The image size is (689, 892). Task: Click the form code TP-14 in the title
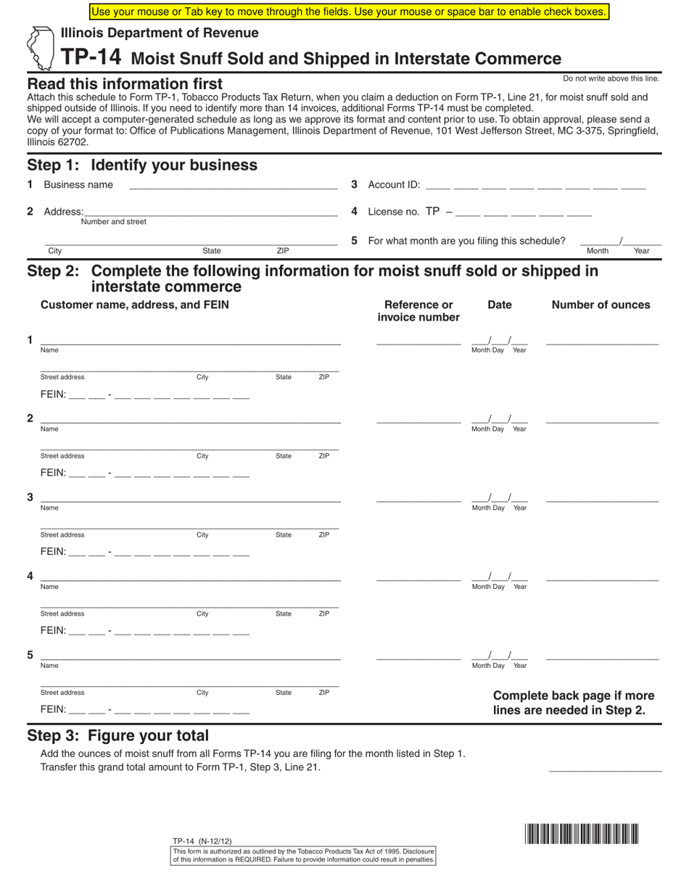click(91, 57)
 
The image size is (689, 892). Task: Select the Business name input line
click(232, 186)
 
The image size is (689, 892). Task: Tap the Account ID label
click(394, 185)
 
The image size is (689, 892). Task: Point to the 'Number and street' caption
click(113, 222)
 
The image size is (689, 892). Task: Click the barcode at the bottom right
click(582, 834)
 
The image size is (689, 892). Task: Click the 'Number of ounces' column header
click(601, 305)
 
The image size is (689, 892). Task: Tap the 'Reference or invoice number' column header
click(418, 311)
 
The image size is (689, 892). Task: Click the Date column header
click(499, 305)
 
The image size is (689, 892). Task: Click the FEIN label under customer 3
click(53, 551)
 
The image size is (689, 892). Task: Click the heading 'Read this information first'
click(125, 84)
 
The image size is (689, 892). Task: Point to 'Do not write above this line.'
click(611, 78)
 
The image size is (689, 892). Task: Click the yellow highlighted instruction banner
click(349, 12)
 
